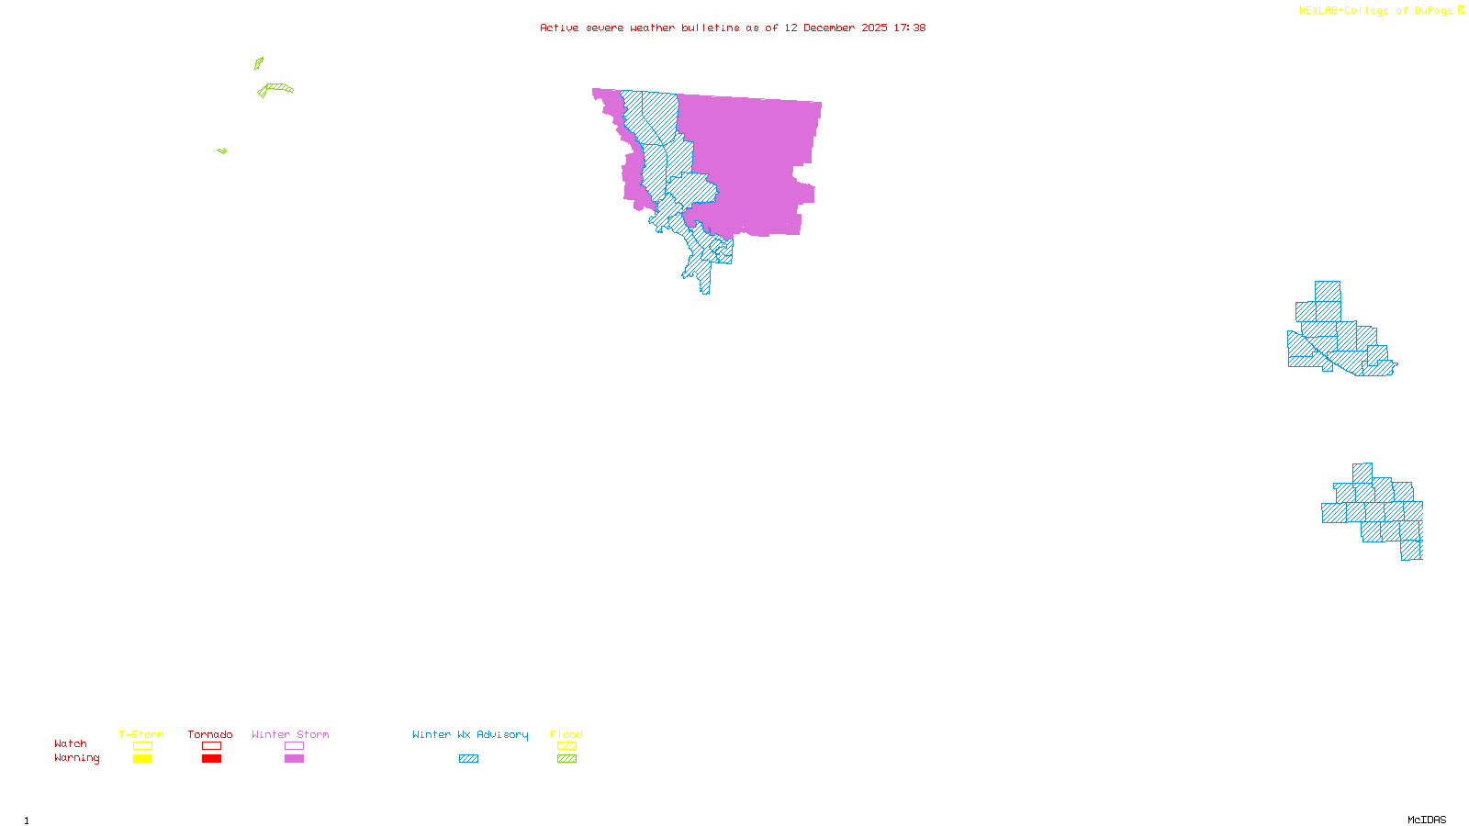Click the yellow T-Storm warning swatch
[x=142, y=759]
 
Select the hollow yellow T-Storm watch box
[x=142, y=746]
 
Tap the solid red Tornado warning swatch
[x=211, y=759]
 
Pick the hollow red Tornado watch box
[x=211, y=746]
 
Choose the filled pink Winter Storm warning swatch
[x=294, y=759]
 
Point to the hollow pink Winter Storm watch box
[x=294, y=746]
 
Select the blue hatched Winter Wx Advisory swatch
[x=468, y=759]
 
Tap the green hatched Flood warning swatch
[x=566, y=759]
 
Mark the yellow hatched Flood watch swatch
[x=566, y=746]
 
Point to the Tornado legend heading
[x=210, y=734]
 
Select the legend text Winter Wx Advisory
[x=470, y=734]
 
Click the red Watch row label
[x=71, y=743]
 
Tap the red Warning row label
[x=76, y=758]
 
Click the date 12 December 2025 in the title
[x=835, y=28]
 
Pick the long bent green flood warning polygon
[x=276, y=88]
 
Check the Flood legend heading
[x=566, y=734]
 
